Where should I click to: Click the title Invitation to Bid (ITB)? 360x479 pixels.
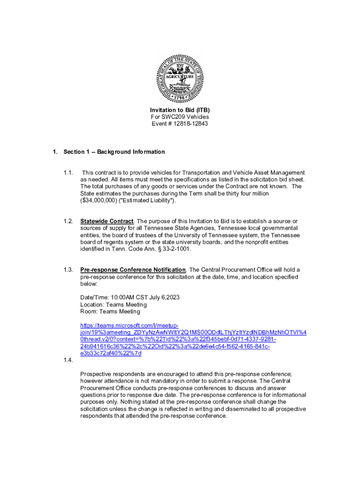click(x=180, y=110)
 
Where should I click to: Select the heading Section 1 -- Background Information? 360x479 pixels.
click(x=114, y=152)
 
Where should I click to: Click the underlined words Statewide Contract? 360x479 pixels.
click(x=107, y=221)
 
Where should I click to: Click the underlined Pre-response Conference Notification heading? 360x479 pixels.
click(x=133, y=270)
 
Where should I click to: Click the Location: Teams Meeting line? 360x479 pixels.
click(x=113, y=305)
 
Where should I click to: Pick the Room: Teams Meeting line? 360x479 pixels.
click(x=110, y=312)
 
